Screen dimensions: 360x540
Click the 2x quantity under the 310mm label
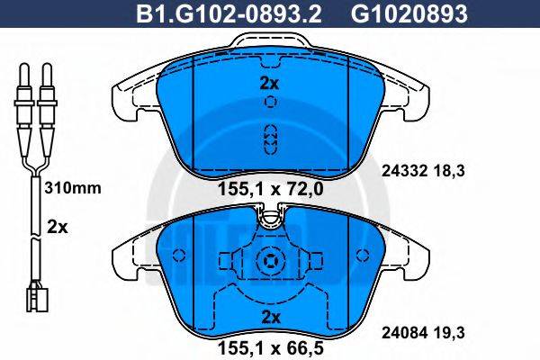pyautogui.click(x=57, y=228)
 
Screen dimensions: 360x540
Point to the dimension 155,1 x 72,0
pyautogui.click(x=267, y=189)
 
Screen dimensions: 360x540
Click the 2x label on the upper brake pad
pyautogui.click(x=267, y=84)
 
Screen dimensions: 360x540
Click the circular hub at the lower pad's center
pyautogui.click(x=267, y=263)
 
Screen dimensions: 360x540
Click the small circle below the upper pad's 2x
pyautogui.click(x=267, y=103)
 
